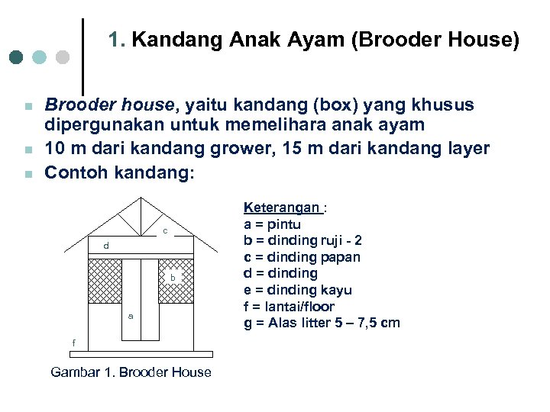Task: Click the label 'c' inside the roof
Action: click(x=164, y=231)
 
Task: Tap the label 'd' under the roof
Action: click(x=107, y=246)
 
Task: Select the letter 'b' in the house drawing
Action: click(x=173, y=278)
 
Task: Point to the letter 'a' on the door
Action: click(x=131, y=315)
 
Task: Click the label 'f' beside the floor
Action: click(x=74, y=343)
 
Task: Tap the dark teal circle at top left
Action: click(x=16, y=57)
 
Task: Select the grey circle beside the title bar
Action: click(x=63, y=57)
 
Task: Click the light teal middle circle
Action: click(x=40, y=57)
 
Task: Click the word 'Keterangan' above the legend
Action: click(x=281, y=208)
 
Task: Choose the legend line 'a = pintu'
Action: click(x=272, y=224)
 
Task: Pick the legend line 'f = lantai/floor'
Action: click(x=289, y=306)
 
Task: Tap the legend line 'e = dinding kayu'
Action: click(x=297, y=290)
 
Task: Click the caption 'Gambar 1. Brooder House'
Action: click(x=131, y=372)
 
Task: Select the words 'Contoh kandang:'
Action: click(x=120, y=173)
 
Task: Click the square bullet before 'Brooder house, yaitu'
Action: click(x=27, y=105)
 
